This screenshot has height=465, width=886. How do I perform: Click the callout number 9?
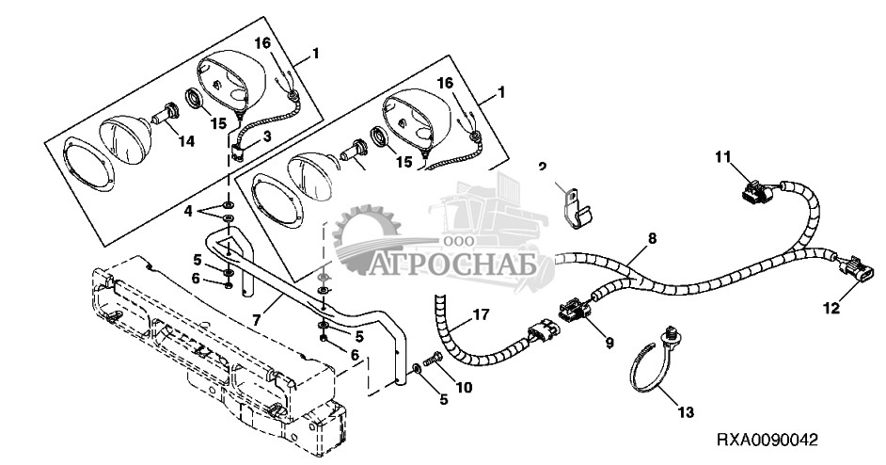(x=609, y=343)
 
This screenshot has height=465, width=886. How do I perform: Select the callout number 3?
(x=266, y=137)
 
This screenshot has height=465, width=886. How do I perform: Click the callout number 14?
(x=186, y=141)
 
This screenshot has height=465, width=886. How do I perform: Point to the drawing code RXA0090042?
(x=767, y=440)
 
